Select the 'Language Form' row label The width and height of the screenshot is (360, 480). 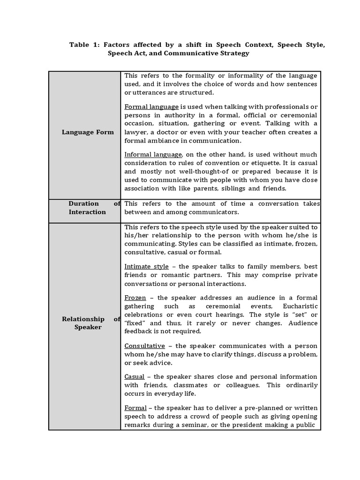[88, 132]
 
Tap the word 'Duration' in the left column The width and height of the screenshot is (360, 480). [83, 203]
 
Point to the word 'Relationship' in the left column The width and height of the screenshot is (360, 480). [83, 319]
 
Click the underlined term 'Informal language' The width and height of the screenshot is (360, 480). [153, 155]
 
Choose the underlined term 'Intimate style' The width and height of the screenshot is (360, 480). [146, 267]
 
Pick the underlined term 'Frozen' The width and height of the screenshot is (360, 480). [135, 298]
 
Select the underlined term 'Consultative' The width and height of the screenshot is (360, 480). [144, 346]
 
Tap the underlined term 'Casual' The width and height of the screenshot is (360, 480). [134, 377]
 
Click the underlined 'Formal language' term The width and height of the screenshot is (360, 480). [151, 107]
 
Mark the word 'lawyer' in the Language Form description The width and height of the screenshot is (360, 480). [135, 132]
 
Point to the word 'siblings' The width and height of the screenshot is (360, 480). [229, 188]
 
